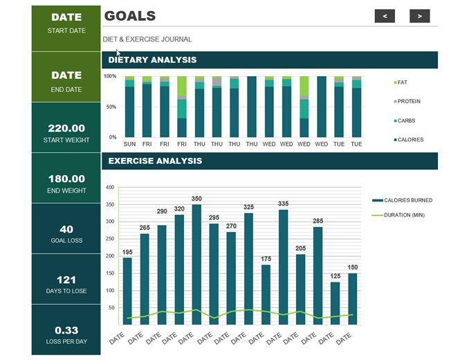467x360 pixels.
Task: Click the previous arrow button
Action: point(385,16)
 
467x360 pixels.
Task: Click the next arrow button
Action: point(419,16)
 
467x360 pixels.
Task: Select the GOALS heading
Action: point(130,16)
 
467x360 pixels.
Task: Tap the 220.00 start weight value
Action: point(66,128)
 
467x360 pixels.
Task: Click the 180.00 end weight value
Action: point(66,179)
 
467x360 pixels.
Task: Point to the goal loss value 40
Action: point(66,229)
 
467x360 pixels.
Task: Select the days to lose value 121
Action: point(66,280)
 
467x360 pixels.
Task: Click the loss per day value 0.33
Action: point(66,330)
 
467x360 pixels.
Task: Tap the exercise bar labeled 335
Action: point(283,267)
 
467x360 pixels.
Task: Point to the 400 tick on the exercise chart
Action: point(109,188)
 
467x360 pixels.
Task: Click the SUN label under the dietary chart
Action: point(129,145)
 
